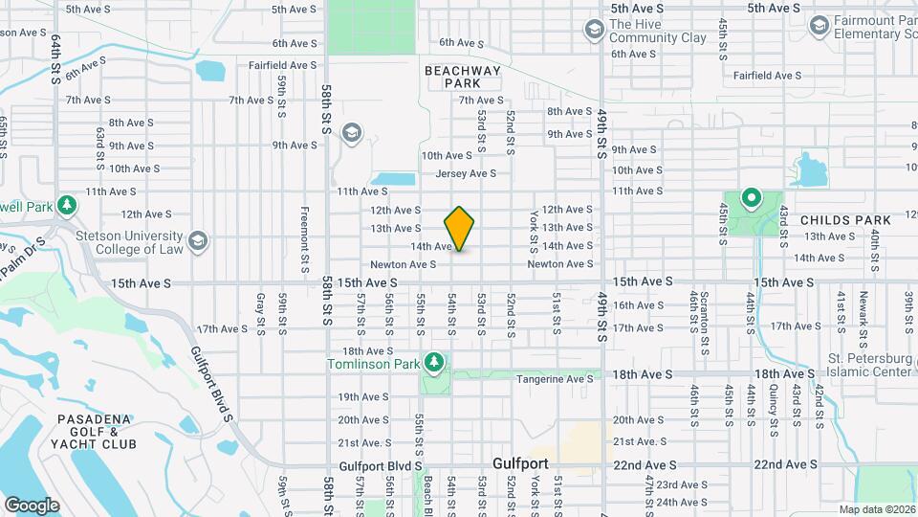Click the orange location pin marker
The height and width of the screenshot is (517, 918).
point(460,229)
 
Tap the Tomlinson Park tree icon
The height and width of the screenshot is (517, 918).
point(435,362)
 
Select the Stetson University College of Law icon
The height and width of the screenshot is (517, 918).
point(198,238)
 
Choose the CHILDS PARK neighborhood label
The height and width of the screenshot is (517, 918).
point(845,220)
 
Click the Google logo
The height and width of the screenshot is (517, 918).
point(32,505)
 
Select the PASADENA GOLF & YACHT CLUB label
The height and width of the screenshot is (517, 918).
point(97,432)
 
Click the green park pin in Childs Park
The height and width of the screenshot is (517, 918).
point(751,200)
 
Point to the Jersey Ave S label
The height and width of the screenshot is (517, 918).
point(466,173)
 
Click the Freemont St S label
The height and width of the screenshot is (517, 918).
point(304,239)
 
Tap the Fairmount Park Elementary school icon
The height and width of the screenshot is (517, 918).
point(818,26)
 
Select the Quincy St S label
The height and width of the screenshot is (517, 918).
point(772,403)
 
